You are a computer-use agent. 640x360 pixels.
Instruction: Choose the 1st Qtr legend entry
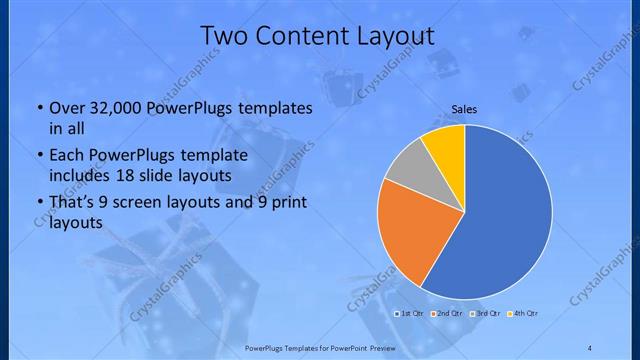coord(409,314)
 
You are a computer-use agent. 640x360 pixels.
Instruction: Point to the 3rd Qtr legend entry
coord(485,314)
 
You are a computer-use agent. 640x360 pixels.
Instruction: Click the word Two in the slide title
coord(225,36)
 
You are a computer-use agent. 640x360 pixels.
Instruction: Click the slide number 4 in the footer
coord(589,347)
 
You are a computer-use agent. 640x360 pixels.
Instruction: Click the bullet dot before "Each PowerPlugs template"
coord(38,156)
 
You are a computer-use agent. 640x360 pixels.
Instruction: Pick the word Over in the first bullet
coord(65,107)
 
